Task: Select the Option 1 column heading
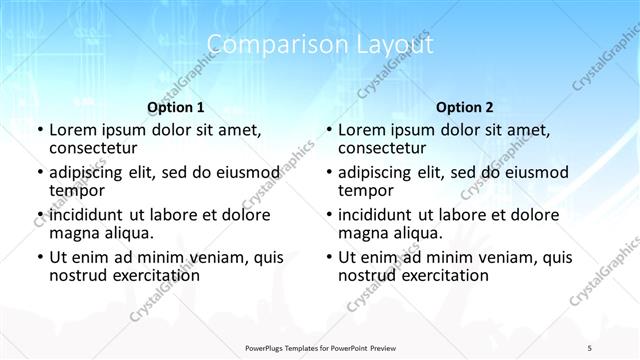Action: point(176,106)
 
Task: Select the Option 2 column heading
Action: point(464,106)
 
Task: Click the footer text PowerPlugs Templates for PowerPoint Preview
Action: point(319,346)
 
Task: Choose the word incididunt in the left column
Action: point(89,215)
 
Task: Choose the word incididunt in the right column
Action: point(377,215)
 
